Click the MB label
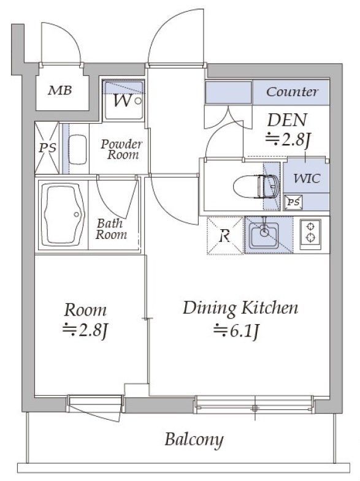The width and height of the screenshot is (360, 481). (x=60, y=91)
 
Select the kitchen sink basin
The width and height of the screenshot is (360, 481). (x=264, y=235)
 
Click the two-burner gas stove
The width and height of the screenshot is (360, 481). (x=310, y=234)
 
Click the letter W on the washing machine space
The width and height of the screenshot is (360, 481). (x=123, y=100)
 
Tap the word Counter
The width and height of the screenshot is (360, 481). (x=292, y=92)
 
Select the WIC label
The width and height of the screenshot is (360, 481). (x=307, y=178)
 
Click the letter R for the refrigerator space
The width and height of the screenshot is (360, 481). (x=225, y=236)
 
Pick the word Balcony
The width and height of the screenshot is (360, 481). (x=194, y=440)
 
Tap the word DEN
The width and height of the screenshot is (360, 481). (x=287, y=120)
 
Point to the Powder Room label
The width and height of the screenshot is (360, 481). (x=122, y=150)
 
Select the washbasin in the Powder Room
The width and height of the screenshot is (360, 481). (x=77, y=150)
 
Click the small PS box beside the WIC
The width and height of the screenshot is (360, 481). (x=293, y=202)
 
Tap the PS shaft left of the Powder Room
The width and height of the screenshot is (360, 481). (x=47, y=148)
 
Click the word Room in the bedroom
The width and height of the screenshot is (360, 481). (x=85, y=311)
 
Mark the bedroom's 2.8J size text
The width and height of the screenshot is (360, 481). (x=86, y=330)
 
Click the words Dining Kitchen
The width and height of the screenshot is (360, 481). (x=240, y=308)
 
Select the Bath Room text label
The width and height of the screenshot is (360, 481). (x=111, y=229)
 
